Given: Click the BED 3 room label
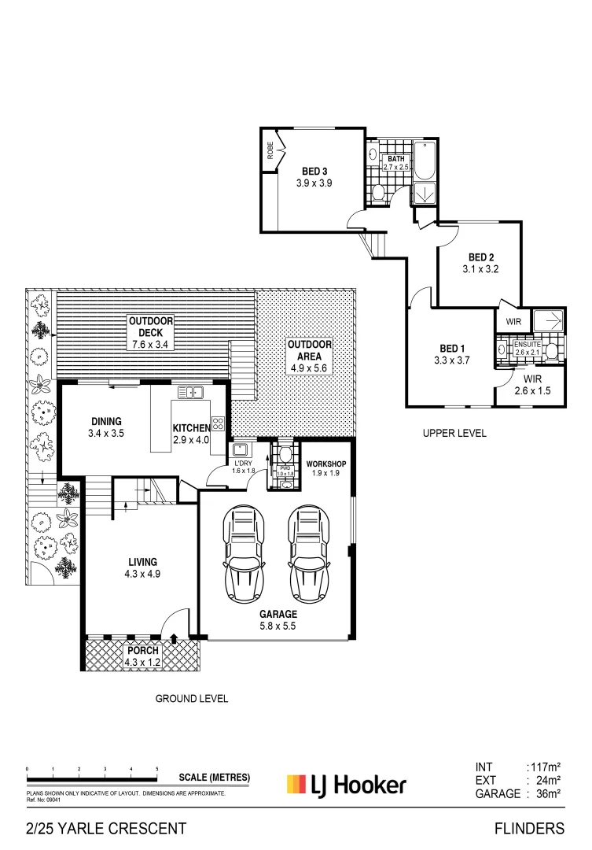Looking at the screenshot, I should [314, 172].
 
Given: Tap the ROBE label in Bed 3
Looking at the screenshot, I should [270, 150].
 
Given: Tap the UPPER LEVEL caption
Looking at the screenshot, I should [454, 433].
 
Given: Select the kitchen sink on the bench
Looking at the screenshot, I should [190, 392].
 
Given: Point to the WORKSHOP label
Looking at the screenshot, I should [326, 464].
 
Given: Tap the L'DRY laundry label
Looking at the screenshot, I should [241, 464].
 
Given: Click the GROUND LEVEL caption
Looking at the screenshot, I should [191, 698].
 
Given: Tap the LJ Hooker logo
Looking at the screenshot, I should [346, 785].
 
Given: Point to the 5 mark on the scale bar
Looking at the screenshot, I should [157, 768].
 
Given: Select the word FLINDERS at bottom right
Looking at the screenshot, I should [529, 828].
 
